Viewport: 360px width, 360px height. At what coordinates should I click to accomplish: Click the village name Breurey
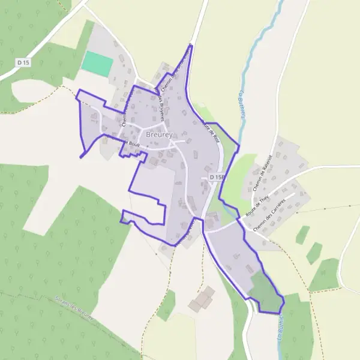(x=158, y=135)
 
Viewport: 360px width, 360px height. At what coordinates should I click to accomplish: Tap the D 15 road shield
(x=23, y=62)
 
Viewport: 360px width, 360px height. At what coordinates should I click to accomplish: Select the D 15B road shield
(x=217, y=178)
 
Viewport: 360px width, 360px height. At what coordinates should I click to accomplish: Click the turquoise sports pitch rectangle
(x=97, y=64)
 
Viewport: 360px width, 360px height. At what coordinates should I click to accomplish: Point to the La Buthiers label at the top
(x=242, y=104)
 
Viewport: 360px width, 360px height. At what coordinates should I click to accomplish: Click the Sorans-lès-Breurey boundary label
(x=73, y=308)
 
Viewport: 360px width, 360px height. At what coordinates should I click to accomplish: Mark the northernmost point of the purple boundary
(x=192, y=44)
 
